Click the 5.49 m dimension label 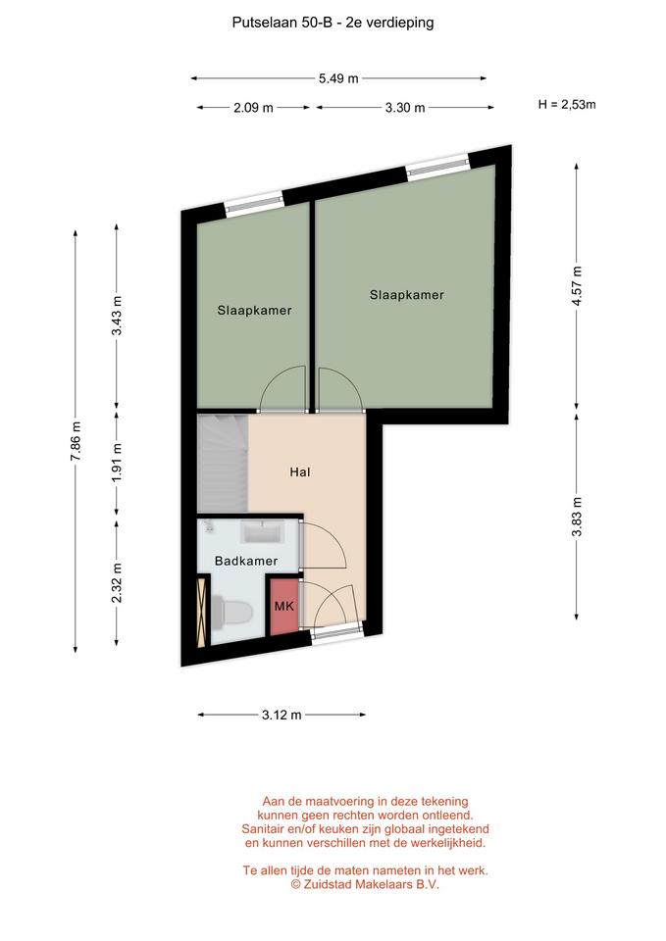tap(338, 78)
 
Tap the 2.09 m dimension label tap(253, 108)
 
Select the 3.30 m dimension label tap(405, 108)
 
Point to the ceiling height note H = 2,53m tap(567, 105)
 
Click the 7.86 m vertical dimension tap(76, 441)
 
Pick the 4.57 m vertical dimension tap(577, 285)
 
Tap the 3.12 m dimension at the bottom tap(282, 715)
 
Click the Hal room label tap(300, 472)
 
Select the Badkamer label tap(246, 561)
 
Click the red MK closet tap(284, 606)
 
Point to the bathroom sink tap(261, 531)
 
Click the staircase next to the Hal tap(223, 463)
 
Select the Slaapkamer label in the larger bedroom tap(407, 295)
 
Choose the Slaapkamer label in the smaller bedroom tap(254, 311)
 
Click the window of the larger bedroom tap(437, 167)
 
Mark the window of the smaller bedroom tap(253, 203)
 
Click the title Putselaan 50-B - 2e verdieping tap(333, 23)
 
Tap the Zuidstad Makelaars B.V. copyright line tap(365, 884)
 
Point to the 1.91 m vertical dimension tap(117, 462)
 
